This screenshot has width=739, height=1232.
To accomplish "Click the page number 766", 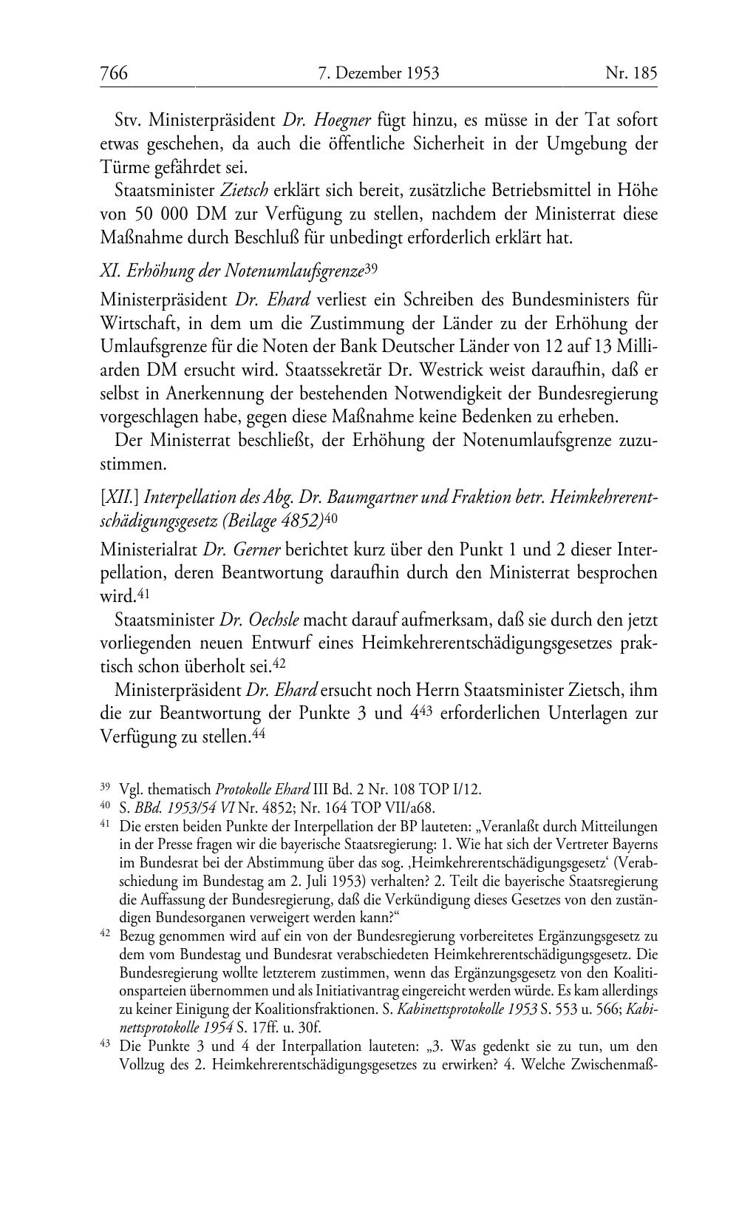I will tap(114, 72).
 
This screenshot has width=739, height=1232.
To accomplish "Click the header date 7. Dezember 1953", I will tap(378, 72).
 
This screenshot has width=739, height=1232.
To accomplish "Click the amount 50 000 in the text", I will tap(158, 215).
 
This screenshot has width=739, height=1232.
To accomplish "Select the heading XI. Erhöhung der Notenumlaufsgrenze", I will tap(231, 271).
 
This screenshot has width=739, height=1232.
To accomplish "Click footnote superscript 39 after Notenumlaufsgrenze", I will tap(371, 268).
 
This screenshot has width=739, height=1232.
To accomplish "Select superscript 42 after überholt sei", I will tap(280, 663).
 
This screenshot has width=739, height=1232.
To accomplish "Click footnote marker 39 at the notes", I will tap(105, 788).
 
